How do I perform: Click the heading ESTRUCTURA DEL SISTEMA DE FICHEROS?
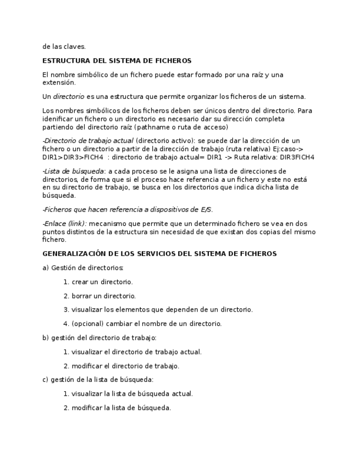117,60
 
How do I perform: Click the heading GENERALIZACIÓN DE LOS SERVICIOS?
159,254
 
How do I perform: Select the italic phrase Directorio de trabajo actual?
88,141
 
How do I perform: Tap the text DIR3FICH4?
297,157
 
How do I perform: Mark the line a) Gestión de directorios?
83,268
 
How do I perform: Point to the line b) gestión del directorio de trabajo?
99,338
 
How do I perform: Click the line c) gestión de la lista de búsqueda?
98,380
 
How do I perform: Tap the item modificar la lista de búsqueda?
121,408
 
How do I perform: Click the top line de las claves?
64,47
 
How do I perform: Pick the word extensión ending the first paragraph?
59,83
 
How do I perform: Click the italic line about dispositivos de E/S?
128,209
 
